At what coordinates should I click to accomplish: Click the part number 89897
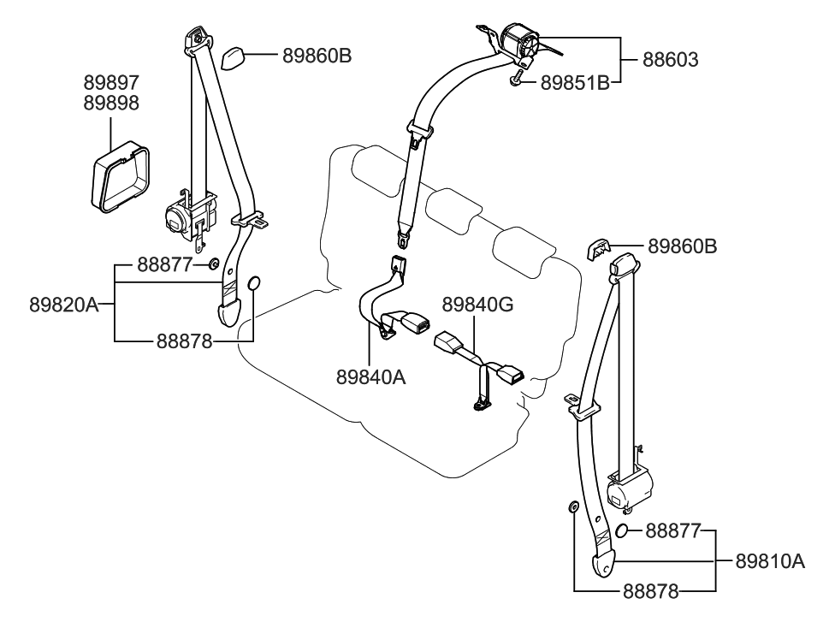pos(110,83)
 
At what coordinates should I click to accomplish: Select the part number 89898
pos(110,103)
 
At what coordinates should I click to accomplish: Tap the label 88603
pos(670,60)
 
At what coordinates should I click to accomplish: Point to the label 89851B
pos(575,83)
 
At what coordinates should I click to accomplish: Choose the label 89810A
pos(770,561)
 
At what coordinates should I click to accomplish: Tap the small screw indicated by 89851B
pos(517,80)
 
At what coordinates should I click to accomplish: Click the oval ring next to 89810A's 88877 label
pos(624,531)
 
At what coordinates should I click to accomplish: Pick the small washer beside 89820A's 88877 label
pos(214,264)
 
